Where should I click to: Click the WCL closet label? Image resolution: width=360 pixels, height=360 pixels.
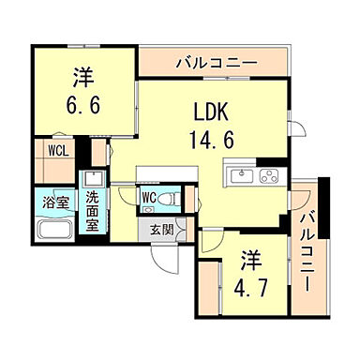coord(52,148)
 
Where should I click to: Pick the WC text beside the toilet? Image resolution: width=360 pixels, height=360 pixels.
coord(149,198)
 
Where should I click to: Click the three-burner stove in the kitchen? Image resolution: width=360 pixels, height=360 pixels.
coord(268,175)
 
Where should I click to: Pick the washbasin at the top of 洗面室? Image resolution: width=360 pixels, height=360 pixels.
coord(93,179)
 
